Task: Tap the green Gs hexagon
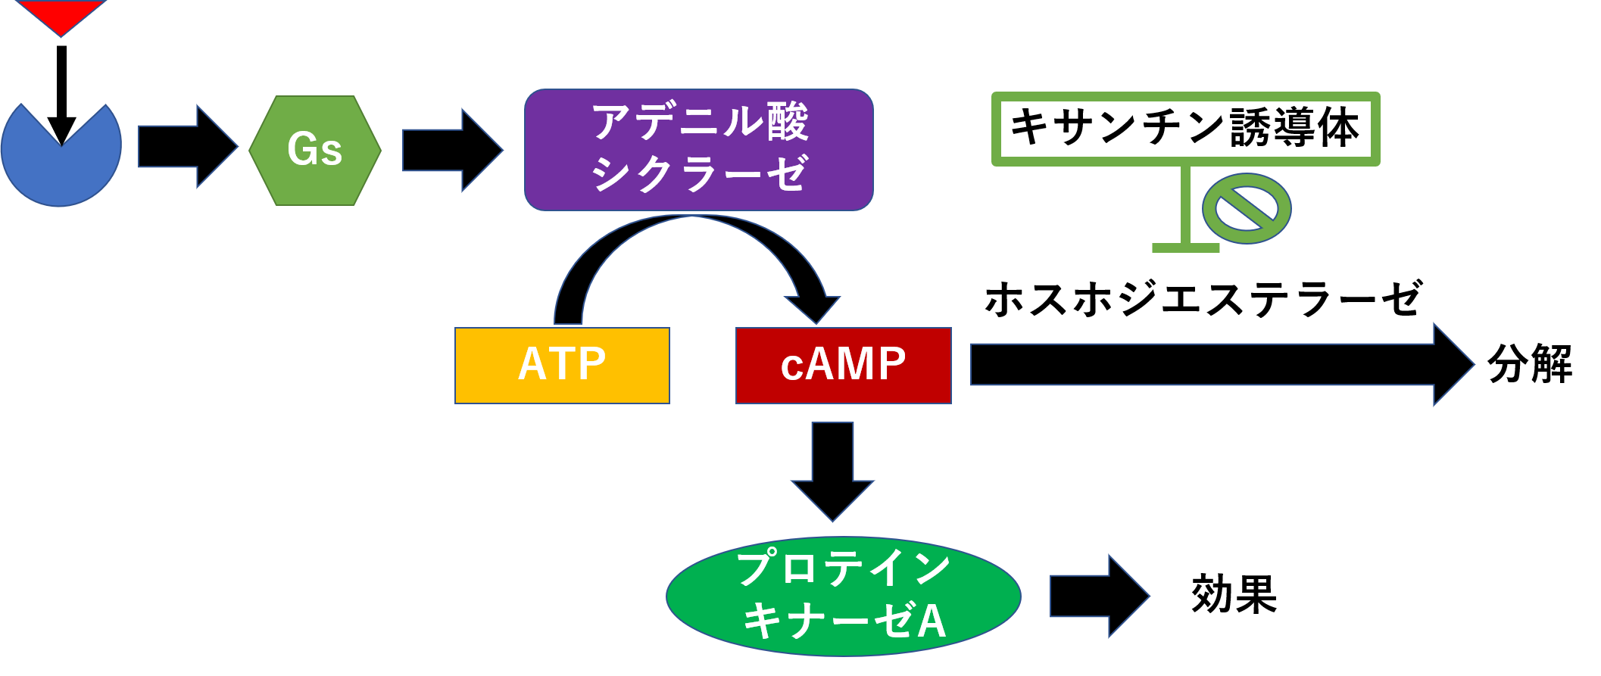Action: point(315,150)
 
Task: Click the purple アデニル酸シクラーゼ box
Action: point(698,150)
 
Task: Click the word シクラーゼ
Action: point(698,174)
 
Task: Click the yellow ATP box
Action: point(562,366)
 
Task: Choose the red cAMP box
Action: point(843,366)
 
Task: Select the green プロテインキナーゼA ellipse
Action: point(843,597)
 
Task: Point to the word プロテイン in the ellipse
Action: point(843,569)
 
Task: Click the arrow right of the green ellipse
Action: point(1099,597)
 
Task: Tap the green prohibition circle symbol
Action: point(1246,209)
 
